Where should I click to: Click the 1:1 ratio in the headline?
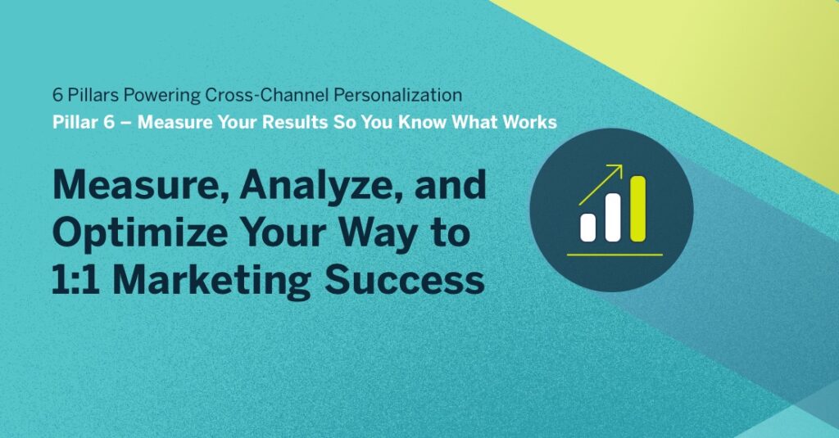tap(79, 280)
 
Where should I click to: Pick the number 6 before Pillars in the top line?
tap(57, 95)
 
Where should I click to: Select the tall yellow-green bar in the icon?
tap(637, 209)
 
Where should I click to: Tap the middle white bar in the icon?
tap(612, 217)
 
